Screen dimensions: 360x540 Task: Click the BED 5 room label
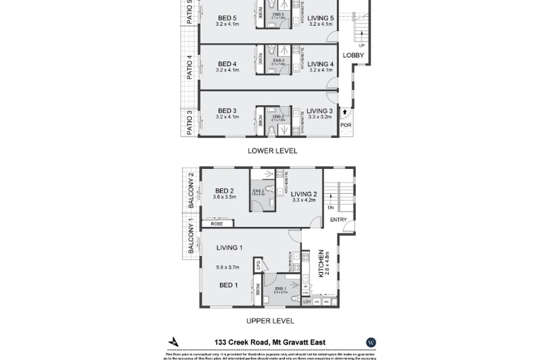(x=227, y=18)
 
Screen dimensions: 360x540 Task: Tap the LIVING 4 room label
(x=320, y=64)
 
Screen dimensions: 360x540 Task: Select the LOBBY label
(x=354, y=55)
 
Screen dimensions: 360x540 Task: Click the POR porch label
(x=345, y=124)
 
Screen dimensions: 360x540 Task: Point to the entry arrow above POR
(x=345, y=111)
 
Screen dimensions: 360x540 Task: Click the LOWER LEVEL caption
(x=272, y=151)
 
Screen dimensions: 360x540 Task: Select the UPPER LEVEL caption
(x=270, y=321)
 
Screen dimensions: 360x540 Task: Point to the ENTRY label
(x=338, y=220)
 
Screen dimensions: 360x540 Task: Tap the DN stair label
(x=331, y=208)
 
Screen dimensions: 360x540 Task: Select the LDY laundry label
(x=308, y=302)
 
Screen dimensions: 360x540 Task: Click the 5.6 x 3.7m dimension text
(x=227, y=267)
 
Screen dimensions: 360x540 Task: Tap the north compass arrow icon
(x=174, y=342)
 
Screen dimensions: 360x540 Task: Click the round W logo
(x=371, y=342)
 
